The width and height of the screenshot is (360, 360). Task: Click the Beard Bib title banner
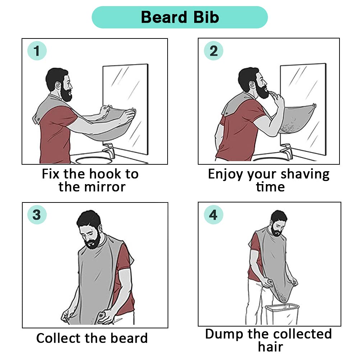[180, 17]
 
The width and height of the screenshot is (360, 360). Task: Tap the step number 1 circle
[37, 51]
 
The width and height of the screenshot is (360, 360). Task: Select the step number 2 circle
[214, 51]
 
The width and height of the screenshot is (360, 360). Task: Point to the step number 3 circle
[37, 215]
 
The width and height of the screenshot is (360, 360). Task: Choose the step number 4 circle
[213, 215]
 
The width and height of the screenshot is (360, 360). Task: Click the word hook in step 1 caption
[105, 174]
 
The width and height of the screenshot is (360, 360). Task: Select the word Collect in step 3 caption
[59, 338]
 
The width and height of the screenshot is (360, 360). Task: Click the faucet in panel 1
[109, 150]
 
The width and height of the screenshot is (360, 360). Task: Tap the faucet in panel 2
[286, 150]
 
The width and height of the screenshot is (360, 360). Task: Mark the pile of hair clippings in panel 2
[288, 128]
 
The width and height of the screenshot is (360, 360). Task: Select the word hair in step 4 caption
[270, 347]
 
